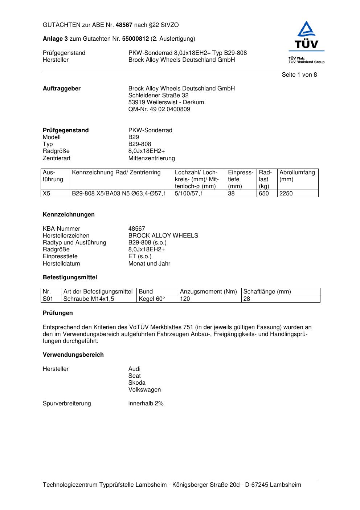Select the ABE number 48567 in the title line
[124, 25]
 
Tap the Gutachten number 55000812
[135, 39]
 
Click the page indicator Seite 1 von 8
[299, 75]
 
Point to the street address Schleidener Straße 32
[158, 96]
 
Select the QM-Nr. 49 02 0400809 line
[159, 109]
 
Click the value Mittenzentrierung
[151, 158]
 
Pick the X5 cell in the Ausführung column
[46, 194]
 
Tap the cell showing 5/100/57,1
[189, 194]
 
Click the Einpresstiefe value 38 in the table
[231, 194]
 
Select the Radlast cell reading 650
[263, 194]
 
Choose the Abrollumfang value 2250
[286, 194]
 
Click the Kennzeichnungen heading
[69, 215]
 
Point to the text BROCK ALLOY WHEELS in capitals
[163, 236]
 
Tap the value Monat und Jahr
[149, 264]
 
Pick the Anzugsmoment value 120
[185, 299]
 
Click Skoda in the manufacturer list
[137, 383]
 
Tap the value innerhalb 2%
[146, 404]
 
